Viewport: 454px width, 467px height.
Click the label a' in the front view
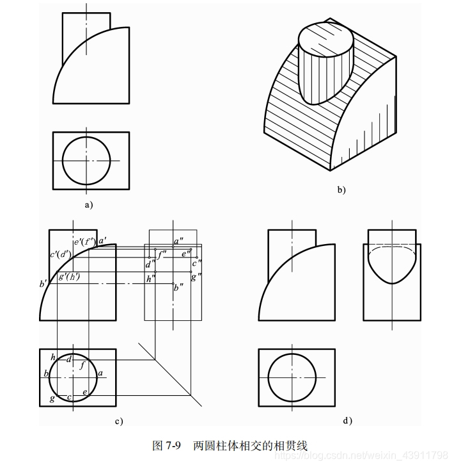(102, 240)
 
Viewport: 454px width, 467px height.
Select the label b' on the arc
(43, 283)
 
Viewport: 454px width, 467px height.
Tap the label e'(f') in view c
(84, 242)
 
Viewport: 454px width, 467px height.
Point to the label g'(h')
(68, 277)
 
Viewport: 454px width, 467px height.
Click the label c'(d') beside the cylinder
(60, 254)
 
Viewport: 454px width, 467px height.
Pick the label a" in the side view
(178, 241)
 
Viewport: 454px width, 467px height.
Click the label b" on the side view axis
(179, 288)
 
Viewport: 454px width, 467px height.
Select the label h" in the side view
(150, 279)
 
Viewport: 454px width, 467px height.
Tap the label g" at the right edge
(195, 276)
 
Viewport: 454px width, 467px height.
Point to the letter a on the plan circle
(100, 372)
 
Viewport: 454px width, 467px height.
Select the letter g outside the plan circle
(52, 398)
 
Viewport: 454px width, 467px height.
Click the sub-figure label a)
(89, 205)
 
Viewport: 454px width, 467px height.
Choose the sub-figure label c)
(118, 421)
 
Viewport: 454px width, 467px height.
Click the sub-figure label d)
(348, 421)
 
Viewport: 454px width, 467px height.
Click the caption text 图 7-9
(168, 445)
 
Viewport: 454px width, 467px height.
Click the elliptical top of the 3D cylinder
(326, 38)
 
